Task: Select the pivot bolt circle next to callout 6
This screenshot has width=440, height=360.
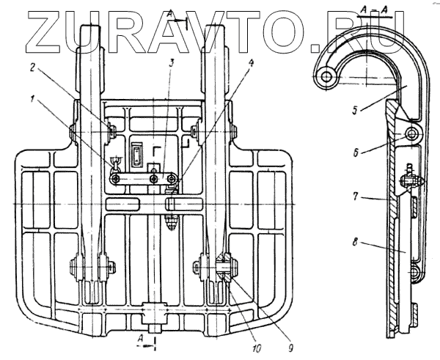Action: point(414,134)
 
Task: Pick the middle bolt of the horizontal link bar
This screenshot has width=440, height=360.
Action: point(153,177)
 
